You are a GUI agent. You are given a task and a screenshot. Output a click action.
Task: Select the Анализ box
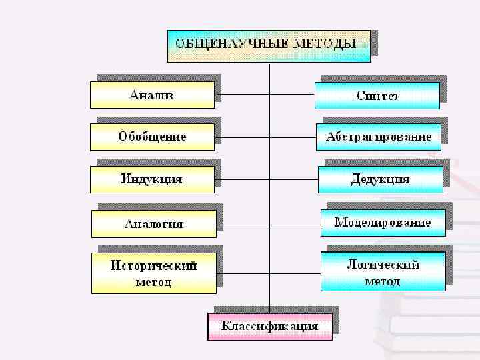point(152,95)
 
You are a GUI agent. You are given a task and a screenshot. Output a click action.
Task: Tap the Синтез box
point(377,95)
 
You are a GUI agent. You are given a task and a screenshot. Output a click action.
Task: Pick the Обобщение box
point(152,137)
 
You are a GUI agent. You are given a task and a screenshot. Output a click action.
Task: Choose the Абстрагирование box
point(378,137)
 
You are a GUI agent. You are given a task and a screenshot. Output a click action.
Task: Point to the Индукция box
point(152,179)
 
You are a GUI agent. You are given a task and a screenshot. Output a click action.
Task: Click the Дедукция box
point(380,179)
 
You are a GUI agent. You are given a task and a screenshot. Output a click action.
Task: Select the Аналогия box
point(153,224)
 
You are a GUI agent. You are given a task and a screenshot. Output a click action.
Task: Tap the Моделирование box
point(383,223)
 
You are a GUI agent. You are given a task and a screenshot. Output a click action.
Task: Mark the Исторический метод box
point(153,273)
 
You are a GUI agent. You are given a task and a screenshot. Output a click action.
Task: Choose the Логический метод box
point(383,272)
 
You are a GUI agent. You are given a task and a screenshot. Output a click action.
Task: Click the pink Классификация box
point(269,327)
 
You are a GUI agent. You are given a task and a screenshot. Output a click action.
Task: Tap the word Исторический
point(153,265)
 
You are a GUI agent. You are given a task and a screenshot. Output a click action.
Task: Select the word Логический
point(383,264)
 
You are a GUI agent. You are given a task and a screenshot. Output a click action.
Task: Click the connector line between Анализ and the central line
point(241,94)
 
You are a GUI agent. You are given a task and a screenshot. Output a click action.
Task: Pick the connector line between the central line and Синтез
point(291,94)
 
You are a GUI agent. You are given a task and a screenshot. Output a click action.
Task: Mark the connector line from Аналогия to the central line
point(243,225)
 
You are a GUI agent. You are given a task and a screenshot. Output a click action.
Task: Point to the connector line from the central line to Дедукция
point(293,179)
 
